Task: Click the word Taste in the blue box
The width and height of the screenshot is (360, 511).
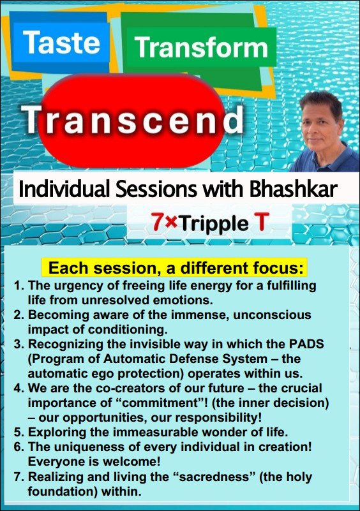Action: (61, 42)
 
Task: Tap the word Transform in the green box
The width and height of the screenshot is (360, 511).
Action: (201, 48)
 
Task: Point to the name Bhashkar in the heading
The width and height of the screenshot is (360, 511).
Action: (293, 189)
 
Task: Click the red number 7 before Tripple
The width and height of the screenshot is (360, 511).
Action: (158, 222)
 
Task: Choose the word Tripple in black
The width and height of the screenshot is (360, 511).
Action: (214, 223)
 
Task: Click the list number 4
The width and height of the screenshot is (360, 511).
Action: (19, 389)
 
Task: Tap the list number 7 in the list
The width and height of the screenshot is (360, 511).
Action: (19, 477)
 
